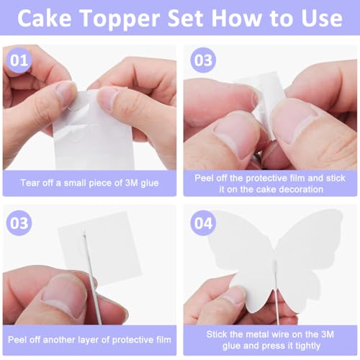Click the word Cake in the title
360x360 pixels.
(x=49, y=19)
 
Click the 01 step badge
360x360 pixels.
(x=21, y=61)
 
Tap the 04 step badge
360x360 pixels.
(x=204, y=223)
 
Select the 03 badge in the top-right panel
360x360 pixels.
(x=204, y=61)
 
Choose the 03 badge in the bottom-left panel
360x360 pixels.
(x=21, y=223)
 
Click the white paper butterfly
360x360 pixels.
(x=288, y=259)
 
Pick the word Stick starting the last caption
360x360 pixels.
(x=206, y=332)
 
